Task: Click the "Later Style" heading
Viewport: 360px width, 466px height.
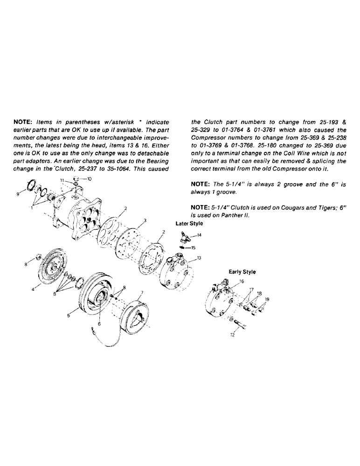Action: [189, 224]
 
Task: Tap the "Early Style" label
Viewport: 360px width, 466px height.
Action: [242, 272]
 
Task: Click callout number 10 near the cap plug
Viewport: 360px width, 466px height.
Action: [90, 178]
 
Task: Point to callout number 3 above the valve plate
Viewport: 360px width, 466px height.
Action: [145, 220]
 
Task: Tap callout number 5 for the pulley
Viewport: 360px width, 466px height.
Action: [69, 315]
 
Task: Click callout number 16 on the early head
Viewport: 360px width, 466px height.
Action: [242, 281]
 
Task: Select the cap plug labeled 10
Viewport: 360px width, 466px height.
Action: [76, 178]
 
